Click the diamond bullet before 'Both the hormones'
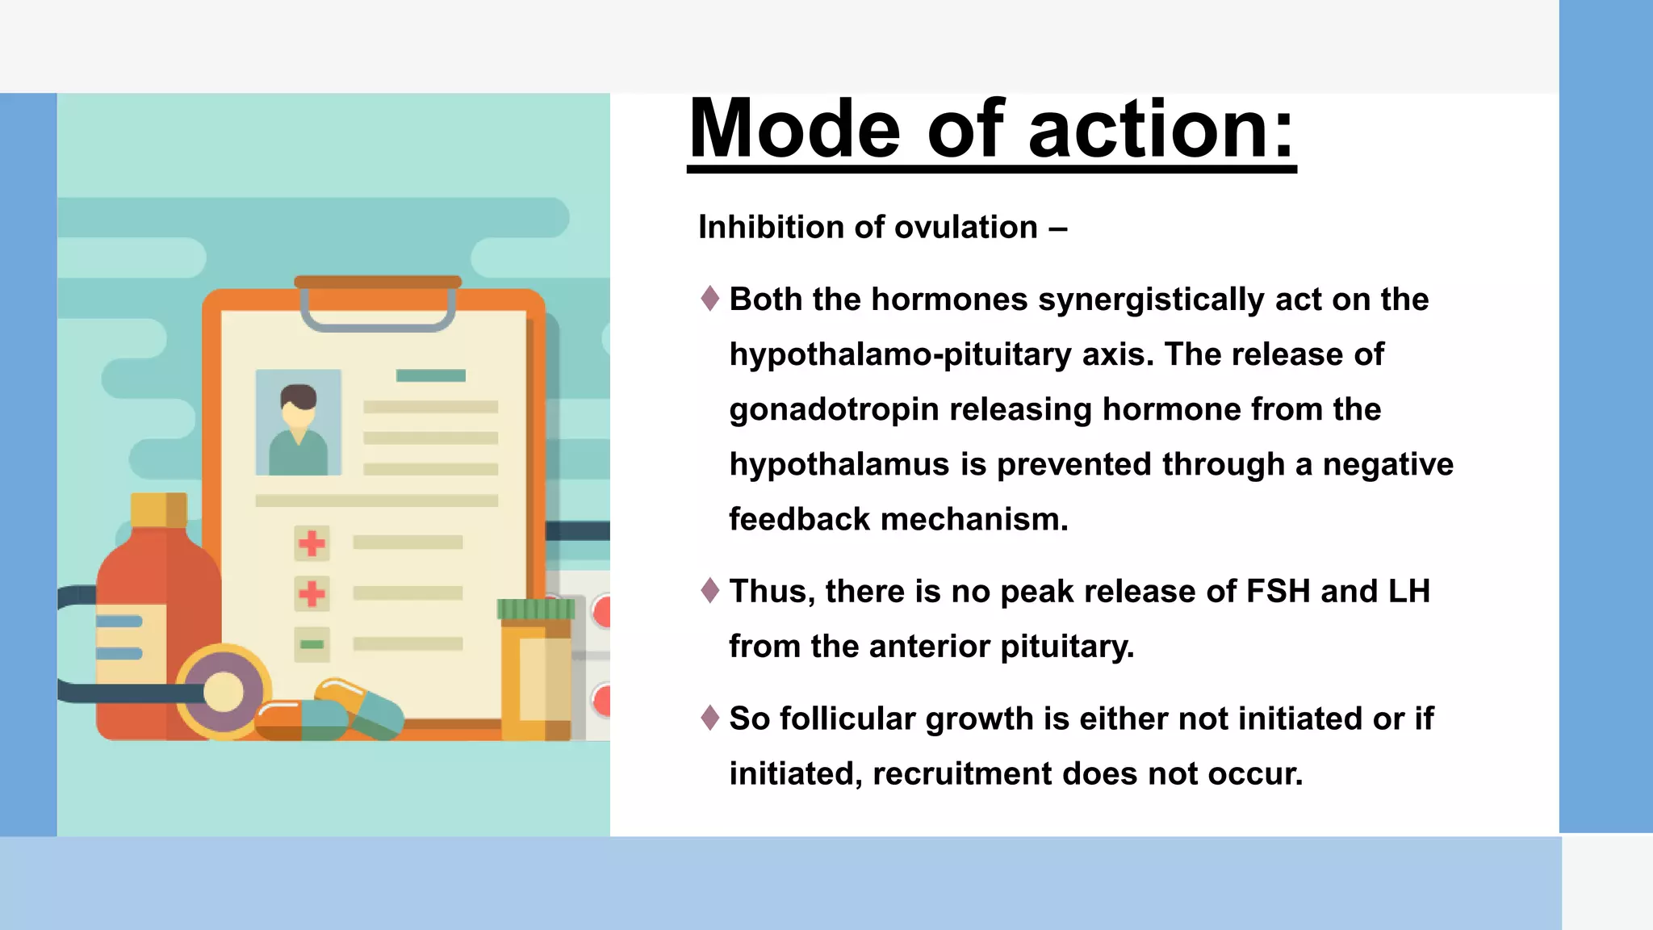pyautogui.click(x=710, y=299)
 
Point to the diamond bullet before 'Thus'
pyautogui.click(x=710, y=591)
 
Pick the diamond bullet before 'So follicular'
pyautogui.click(x=710, y=718)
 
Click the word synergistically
pyautogui.click(x=1151, y=300)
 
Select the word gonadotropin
pyautogui.click(x=834, y=410)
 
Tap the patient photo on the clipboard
pyautogui.click(x=299, y=423)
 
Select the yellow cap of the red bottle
pyautogui.click(x=158, y=510)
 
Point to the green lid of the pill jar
pyautogui.click(x=536, y=610)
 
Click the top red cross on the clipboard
pyautogui.click(x=312, y=543)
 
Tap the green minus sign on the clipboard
pyautogui.click(x=312, y=644)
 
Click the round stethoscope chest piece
pyautogui.click(x=224, y=692)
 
